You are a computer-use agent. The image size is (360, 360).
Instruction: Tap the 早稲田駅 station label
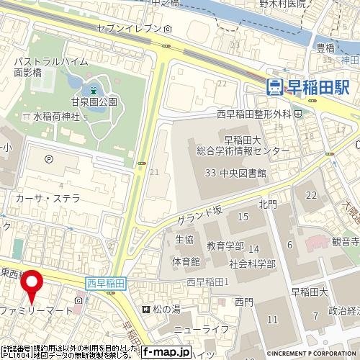[x=318, y=87]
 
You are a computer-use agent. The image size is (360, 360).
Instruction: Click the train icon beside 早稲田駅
[x=274, y=87]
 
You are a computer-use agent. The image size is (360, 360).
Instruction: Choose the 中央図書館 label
[x=256, y=174]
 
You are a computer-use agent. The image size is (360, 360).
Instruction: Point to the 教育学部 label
[x=225, y=246]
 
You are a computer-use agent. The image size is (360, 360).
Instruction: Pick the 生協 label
[x=184, y=239]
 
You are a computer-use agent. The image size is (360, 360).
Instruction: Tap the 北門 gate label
[x=267, y=204]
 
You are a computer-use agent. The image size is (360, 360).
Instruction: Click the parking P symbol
[x=48, y=160]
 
